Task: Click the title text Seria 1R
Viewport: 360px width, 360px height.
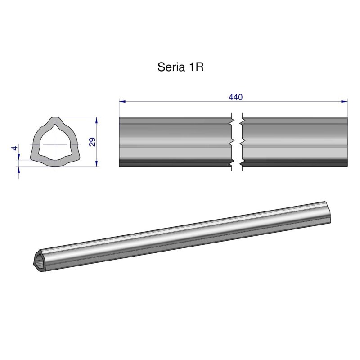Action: tap(181, 67)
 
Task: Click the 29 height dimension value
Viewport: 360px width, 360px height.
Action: tap(92, 142)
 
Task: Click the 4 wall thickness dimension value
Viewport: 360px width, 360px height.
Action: tap(15, 148)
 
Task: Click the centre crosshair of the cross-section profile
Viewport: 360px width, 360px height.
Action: tap(55, 144)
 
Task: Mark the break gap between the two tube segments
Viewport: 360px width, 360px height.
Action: tap(237, 142)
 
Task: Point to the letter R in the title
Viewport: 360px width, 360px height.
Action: tap(200, 67)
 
